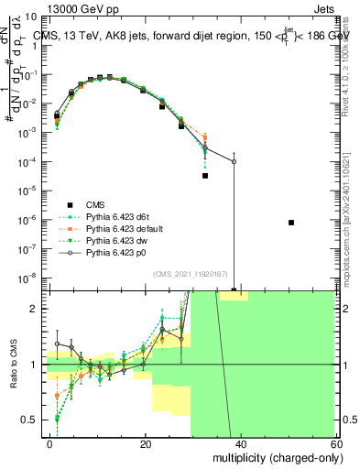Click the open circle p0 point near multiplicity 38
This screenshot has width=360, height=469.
tap(234, 161)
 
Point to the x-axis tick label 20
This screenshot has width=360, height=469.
tap(146, 443)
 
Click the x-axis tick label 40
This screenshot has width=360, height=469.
tap(240, 443)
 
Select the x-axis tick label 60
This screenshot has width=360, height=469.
tap(334, 443)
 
